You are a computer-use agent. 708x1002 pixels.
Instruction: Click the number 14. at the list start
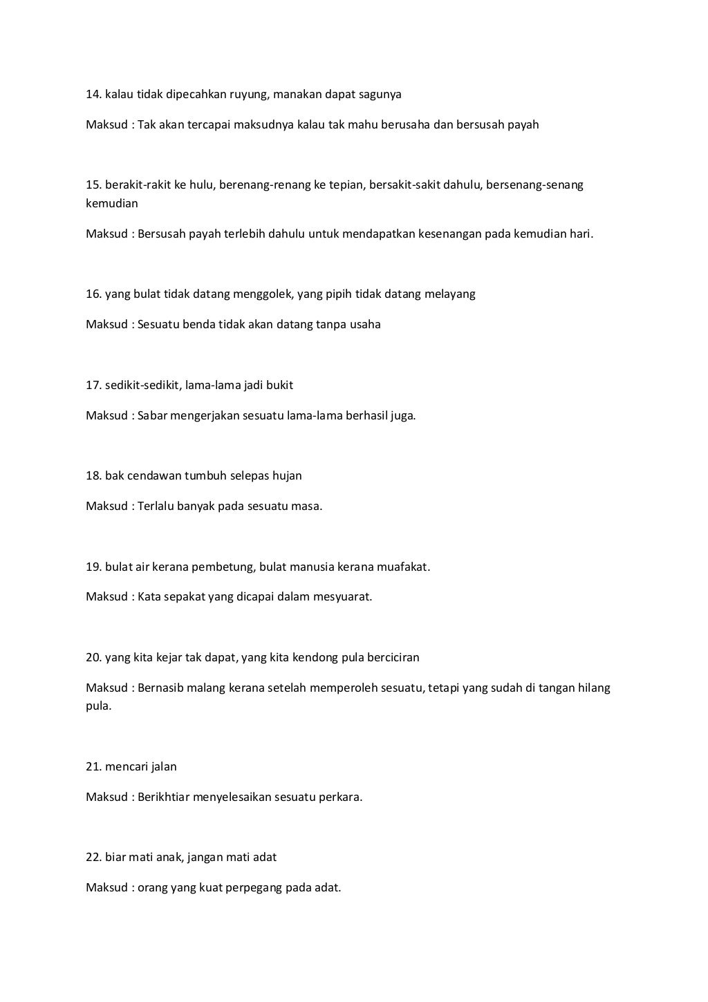point(94,94)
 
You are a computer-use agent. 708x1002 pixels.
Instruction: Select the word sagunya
point(380,94)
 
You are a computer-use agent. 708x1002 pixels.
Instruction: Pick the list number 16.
point(94,294)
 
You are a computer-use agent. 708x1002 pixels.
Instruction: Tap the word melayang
point(451,294)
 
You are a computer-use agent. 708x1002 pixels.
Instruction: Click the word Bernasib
point(160,688)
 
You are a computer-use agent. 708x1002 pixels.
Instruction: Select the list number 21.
point(94,766)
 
